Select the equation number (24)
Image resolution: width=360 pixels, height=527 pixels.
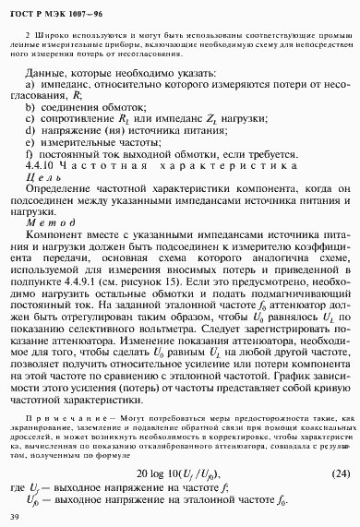point(339,474)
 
